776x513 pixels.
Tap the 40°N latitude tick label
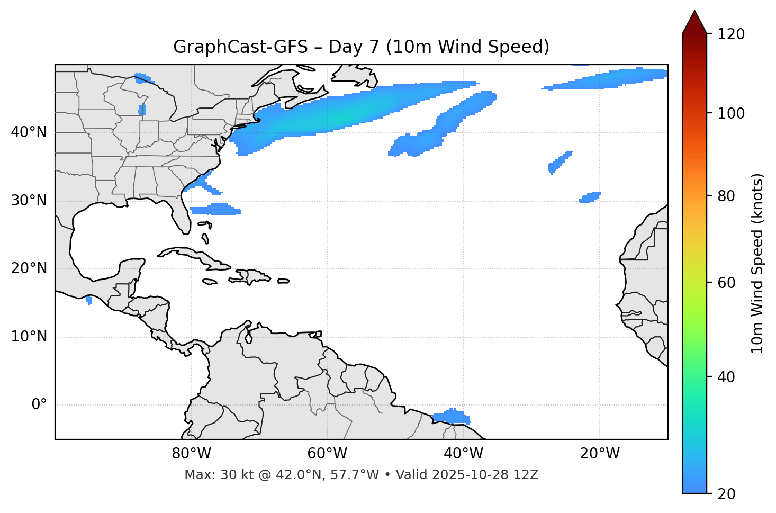click(x=29, y=132)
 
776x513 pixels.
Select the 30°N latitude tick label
click(x=29, y=201)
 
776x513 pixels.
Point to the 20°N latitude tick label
click(x=29, y=268)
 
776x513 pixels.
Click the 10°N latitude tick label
click(x=29, y=337)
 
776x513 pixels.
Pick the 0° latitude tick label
click(x=39, y=405)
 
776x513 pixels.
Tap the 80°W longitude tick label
click(x=191, y=454)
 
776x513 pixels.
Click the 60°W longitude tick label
click(x=327, y=454)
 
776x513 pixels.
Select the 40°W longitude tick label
click(x=464, y=454)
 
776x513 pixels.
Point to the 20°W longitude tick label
click(x=600, y=454)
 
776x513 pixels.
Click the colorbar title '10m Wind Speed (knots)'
click(x=757, y=263)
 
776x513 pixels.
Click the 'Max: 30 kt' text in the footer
click(x=210, y=475)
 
